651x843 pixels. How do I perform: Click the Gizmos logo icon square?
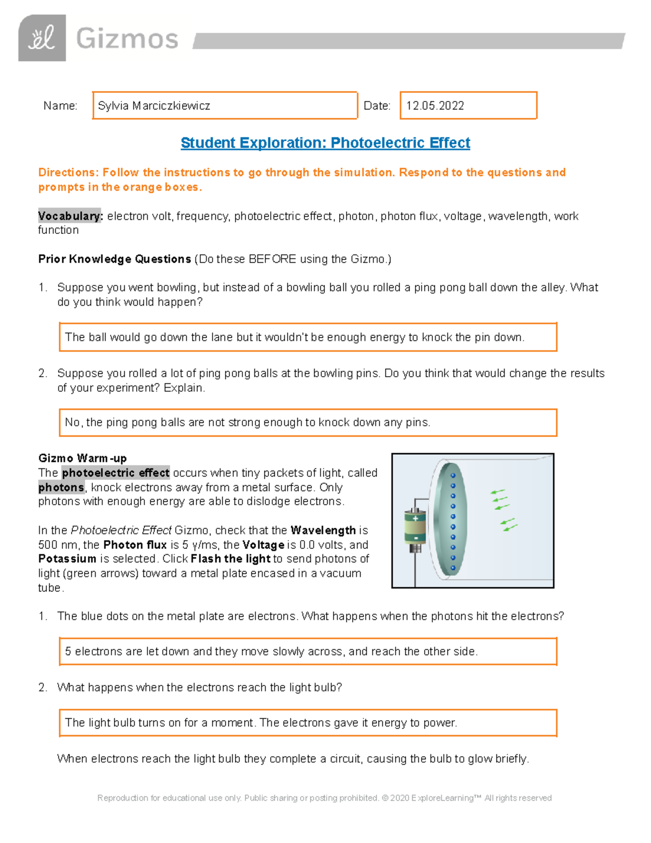click(x=42, y=38)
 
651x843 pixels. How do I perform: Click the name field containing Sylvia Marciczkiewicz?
click(x=225, y=105)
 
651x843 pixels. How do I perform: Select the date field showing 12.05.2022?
click(x=468, y=105)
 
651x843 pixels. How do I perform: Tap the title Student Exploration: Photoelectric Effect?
click(x=325, y=143)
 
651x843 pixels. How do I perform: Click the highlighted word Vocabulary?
click(x=69, y=216)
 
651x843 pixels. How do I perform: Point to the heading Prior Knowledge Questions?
click(x=114, y=259)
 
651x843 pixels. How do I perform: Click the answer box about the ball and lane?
click(x=308, y=337)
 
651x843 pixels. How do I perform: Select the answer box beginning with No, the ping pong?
click(x=308, y=422)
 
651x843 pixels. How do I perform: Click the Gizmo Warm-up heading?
click(x=82, y=458)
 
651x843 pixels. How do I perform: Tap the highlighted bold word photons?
click(x=61, y=487)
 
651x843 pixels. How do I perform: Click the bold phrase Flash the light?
click(x=231, y=559)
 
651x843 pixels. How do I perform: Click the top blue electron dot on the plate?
click(x=453, y=476)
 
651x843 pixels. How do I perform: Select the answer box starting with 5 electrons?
click(x=308, y=651)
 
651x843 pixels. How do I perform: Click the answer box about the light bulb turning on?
click(x=308, y=722)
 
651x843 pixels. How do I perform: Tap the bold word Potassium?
click(x=67, y=559)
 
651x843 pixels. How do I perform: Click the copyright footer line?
click(x=324, y=798)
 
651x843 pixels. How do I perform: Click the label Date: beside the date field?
click(x=376, y=106)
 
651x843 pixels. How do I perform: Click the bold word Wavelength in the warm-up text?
click(x=323, y=530)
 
